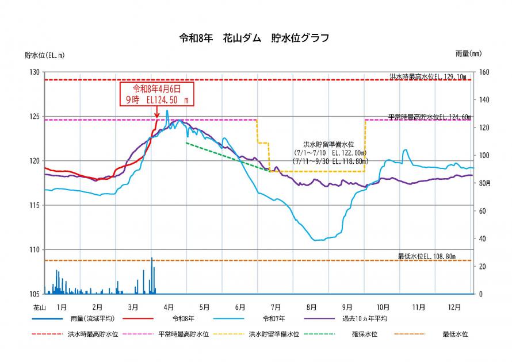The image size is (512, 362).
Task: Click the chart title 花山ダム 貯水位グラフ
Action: click(255, 39)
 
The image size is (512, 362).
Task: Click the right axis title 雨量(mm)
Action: click(468, 53)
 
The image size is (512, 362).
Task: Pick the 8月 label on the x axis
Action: click(312, 306)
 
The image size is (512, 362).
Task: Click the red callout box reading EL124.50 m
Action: click(156, 94)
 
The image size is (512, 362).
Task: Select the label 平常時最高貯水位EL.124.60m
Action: click(429, 117)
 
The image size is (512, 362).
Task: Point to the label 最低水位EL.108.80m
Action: click(431, 256)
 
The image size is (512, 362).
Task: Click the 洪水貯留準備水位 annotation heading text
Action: click(328, 145)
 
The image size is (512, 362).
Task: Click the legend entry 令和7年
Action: click(274, 318)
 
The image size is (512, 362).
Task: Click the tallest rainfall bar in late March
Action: click(152, 276)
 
